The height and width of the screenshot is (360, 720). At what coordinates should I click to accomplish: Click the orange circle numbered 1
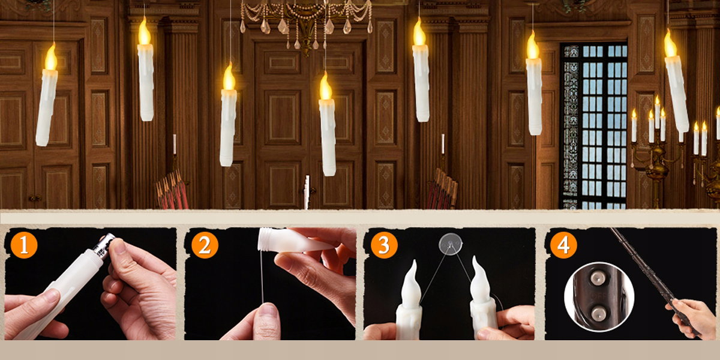pyautogui.click(x=24, y=245)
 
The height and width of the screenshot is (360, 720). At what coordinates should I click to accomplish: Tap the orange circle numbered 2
pyautogui.click(x=205, y=245)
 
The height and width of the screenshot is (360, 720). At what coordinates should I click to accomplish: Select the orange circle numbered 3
pyautogui.click(x=384, y=245)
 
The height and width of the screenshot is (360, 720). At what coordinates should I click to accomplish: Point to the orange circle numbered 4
pyautogui.click(x=563, y=245)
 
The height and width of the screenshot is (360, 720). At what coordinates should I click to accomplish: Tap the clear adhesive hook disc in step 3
pyautogui.click(x=451, y=244)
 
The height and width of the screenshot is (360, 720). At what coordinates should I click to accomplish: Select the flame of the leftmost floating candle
pyautogui.click(x=51, y=57)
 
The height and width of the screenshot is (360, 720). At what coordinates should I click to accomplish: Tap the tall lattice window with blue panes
pyautogui.click(x=594, y=126)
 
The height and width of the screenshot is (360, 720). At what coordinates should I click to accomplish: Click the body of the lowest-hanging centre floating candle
pyautogui.click(x=328, y=137)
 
